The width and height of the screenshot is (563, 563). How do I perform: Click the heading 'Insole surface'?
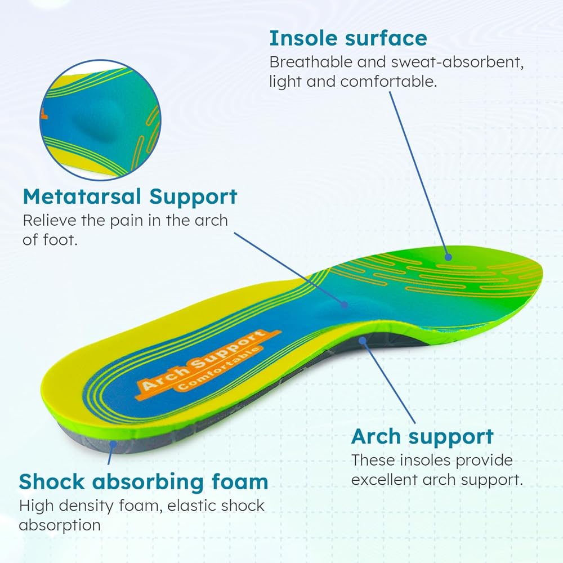348,38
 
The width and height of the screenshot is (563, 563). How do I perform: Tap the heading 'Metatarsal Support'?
130,196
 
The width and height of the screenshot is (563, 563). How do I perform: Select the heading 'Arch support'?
422,437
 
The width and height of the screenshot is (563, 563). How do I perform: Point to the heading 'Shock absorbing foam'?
144,481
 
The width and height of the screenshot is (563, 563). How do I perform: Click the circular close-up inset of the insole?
100,120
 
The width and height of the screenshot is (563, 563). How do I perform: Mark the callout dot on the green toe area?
448,257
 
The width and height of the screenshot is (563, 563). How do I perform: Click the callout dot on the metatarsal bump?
345,305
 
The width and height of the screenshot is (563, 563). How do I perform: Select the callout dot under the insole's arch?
363,340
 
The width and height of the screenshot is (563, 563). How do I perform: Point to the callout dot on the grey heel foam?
113,444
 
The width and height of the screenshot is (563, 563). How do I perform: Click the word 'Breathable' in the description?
311,62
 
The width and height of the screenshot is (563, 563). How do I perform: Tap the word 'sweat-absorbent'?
457,62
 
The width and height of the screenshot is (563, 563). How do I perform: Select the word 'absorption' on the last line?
60,525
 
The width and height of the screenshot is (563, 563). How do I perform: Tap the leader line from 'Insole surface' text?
419,174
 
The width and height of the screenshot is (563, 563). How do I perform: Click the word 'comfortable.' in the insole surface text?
388,82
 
